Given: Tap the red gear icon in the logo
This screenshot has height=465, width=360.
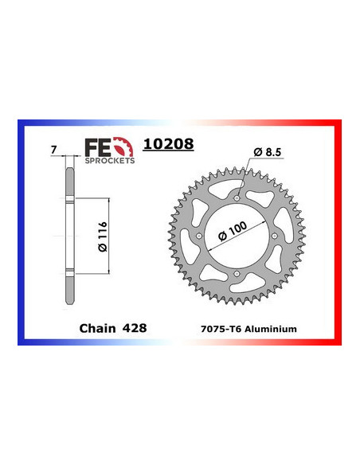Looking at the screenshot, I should (x=123, y=147).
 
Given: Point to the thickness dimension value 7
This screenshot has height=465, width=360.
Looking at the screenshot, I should (x=53, y=150).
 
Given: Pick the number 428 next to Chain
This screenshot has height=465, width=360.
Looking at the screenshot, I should (x=135, y=327).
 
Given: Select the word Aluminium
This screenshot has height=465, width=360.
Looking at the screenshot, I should (x=272, y=328).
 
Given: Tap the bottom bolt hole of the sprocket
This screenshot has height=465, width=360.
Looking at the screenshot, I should (x=237, y=275).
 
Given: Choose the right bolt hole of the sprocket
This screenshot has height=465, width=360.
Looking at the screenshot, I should (x=276, y=236).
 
